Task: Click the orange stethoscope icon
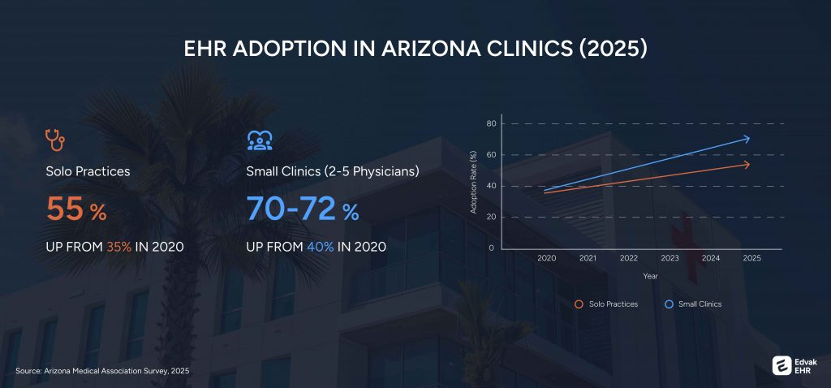pos(55,140)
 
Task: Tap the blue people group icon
pos(258,140)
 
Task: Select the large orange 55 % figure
pos(76,210)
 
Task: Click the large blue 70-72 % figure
pos(303,210)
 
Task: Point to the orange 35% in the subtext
pos(118,247)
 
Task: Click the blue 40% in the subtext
pos(320,247)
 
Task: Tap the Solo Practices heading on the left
pos(88,172)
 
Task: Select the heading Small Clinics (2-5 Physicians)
pos(333,172)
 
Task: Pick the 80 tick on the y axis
pos(490,124)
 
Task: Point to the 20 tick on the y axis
pos(490,218)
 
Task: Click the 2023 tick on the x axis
pos(670,258)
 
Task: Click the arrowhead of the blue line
pos(746,139)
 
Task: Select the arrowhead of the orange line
pos(746,165)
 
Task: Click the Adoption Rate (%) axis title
pos(474,183)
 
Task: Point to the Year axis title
pos(650,276)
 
